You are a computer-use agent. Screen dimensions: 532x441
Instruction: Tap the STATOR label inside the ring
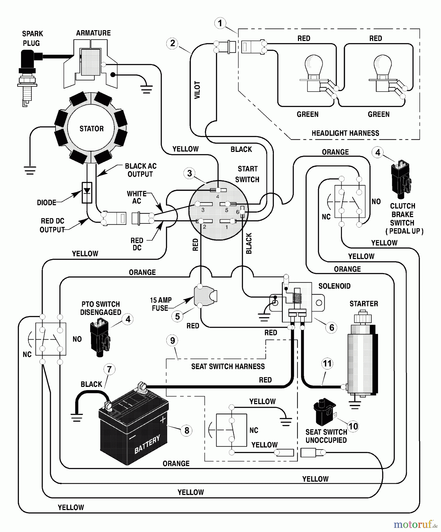click(91, 129)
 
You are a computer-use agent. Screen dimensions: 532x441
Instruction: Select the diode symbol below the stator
click(87, 192)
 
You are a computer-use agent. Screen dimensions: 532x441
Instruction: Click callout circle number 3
click(190, 173)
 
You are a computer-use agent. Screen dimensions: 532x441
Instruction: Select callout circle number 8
click(187, 430)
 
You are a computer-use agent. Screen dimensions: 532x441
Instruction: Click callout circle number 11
click(327, 363)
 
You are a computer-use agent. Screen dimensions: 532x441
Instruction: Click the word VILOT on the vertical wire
click(197, 90)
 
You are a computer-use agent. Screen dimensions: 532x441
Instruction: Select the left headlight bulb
click(314, 66)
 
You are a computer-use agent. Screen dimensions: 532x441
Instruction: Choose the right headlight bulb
click(382, 66)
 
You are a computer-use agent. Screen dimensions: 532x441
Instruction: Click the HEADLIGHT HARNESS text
click(345, 133)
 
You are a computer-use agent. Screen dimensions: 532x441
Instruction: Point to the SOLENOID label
click(334, 286)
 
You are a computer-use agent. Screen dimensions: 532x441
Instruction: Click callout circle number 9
click(172, 340)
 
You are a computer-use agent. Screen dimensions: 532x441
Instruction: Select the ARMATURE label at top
click(93, 33)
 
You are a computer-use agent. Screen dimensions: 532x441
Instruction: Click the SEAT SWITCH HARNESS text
click(228, 366)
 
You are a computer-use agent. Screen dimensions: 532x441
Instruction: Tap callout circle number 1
click(220, 23)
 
